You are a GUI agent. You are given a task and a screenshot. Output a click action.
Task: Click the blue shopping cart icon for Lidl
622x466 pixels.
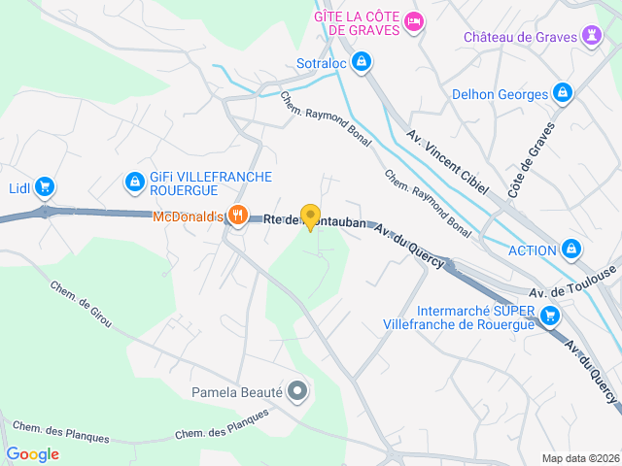click(x=44, y=186)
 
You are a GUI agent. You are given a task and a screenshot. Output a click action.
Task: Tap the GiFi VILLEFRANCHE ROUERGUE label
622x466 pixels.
click(x=210, y=183)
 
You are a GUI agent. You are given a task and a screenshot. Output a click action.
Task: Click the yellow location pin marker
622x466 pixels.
click(x=310, y=216)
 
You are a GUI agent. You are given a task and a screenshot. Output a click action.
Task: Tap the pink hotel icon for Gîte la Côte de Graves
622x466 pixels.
click(x=414, y=21)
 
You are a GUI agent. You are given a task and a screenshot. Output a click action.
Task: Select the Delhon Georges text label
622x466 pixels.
click(x=501, y=94)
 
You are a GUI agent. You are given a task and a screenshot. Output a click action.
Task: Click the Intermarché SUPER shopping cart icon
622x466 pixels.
click(x=550, y=315)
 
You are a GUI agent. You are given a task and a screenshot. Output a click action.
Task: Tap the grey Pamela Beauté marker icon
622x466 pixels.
click(x=298, y=392)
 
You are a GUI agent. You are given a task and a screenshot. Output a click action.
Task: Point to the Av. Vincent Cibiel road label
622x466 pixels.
click(x=446, y=162)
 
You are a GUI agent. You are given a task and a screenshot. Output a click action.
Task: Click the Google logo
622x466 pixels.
click(x=32, y=453)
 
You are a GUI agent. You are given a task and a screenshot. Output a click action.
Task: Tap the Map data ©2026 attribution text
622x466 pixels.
click(x=580, y=458)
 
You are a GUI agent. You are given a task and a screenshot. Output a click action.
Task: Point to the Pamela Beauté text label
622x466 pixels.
click(x=234, y=392)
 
